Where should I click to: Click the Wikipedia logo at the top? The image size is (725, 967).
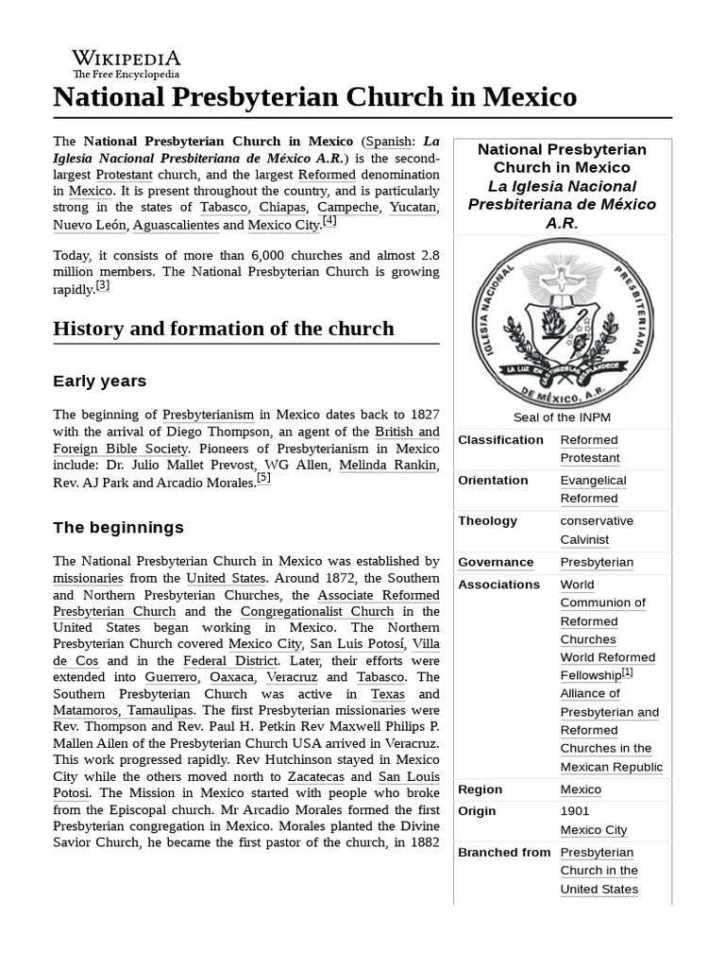[126, 63]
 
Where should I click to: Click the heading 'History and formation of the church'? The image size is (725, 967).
[224, 329]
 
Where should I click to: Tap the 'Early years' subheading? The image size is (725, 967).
[99, 382]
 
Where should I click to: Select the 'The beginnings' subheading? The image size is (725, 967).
[118, 527]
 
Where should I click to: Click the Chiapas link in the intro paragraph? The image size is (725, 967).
[282, 207]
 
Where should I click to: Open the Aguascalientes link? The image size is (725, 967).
[175, 225]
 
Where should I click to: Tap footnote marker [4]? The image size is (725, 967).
[329, 221]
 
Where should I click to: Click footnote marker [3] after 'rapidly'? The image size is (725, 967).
[103, 286]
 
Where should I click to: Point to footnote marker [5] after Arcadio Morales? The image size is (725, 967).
[263, 478]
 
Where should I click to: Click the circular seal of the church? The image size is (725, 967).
[563, 322]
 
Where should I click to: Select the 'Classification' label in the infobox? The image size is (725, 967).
[500, 440]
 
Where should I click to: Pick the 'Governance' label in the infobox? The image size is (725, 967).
[496, 563]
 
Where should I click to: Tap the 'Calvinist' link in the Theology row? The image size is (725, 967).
[584, 540]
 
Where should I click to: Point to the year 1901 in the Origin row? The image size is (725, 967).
[574, 811]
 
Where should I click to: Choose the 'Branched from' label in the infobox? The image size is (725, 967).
[504, 853]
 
